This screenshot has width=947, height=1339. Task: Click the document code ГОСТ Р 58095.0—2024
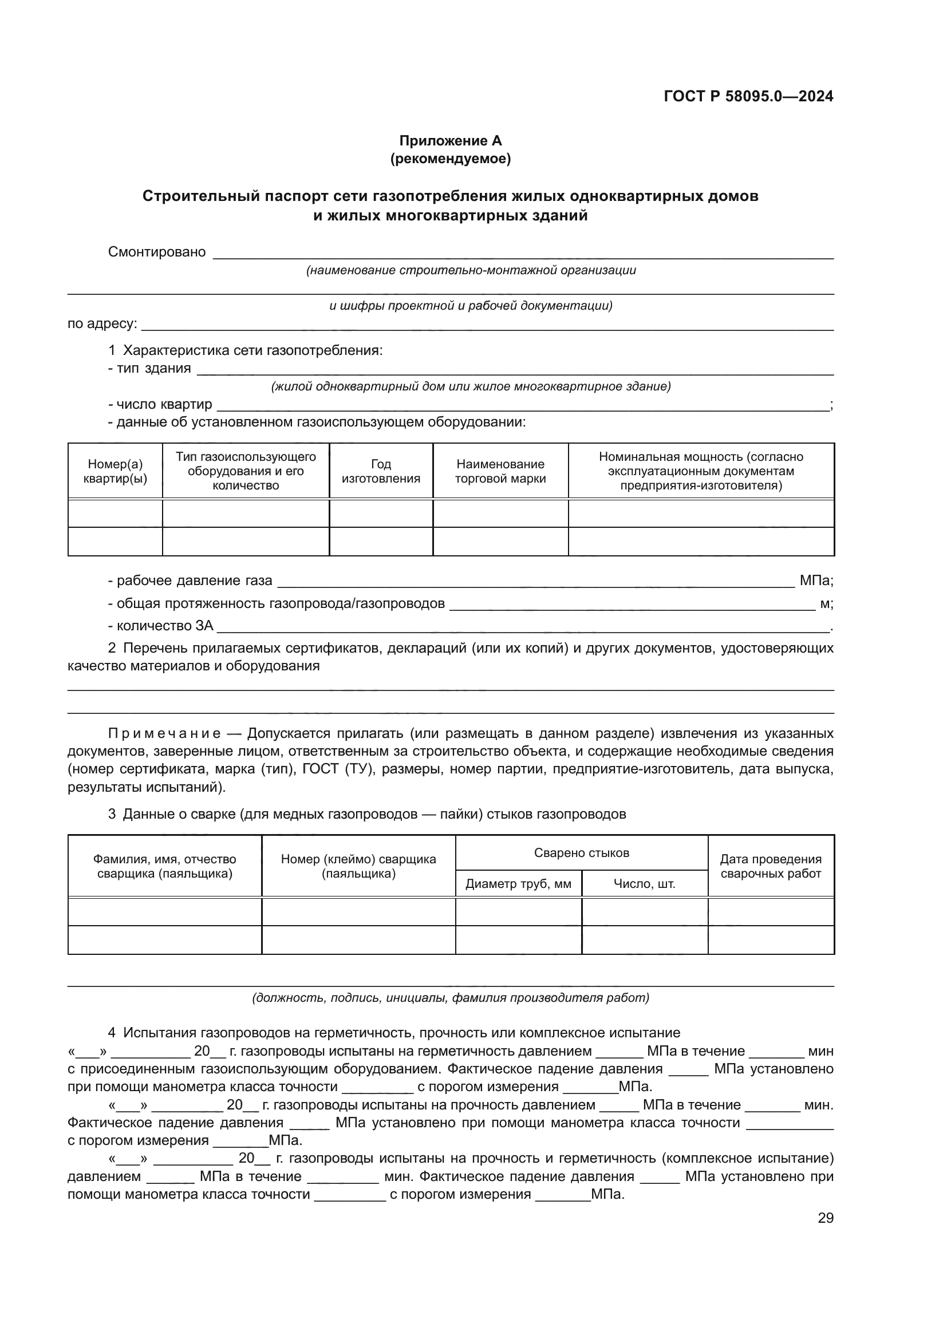tap(748, 97)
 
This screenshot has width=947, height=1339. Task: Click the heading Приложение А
tap(450, 141)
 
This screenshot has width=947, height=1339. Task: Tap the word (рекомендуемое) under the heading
tap(450, 159)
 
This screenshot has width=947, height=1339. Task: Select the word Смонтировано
tap(157, 252)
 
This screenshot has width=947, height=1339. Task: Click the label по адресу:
tap(102, 323)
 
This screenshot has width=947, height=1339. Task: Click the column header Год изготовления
tap(381, 471)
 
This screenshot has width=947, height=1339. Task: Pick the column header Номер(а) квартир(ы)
tap(115, 471)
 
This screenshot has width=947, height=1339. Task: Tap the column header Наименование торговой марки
tap(500, 471)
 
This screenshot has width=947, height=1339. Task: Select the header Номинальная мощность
tap(701, 471)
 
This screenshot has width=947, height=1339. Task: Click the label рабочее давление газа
tap(194, 581)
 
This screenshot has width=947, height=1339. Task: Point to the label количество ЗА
tap(164, 626)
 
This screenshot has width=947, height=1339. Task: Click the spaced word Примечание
tap(164, 734)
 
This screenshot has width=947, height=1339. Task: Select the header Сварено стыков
tap(581, 853)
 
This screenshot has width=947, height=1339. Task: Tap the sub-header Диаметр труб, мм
tap(518, 884)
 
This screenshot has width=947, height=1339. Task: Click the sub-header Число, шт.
tap(644, 884)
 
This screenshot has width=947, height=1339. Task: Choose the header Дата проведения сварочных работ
tap(770, 867)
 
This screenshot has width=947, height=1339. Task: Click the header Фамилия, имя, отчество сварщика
tap(164, 867)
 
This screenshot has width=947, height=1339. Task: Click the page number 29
tap(825, 1218)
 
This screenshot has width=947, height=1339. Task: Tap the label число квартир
tap(164, 405)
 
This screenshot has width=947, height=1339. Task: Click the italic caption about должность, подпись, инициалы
tap(450, 998)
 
